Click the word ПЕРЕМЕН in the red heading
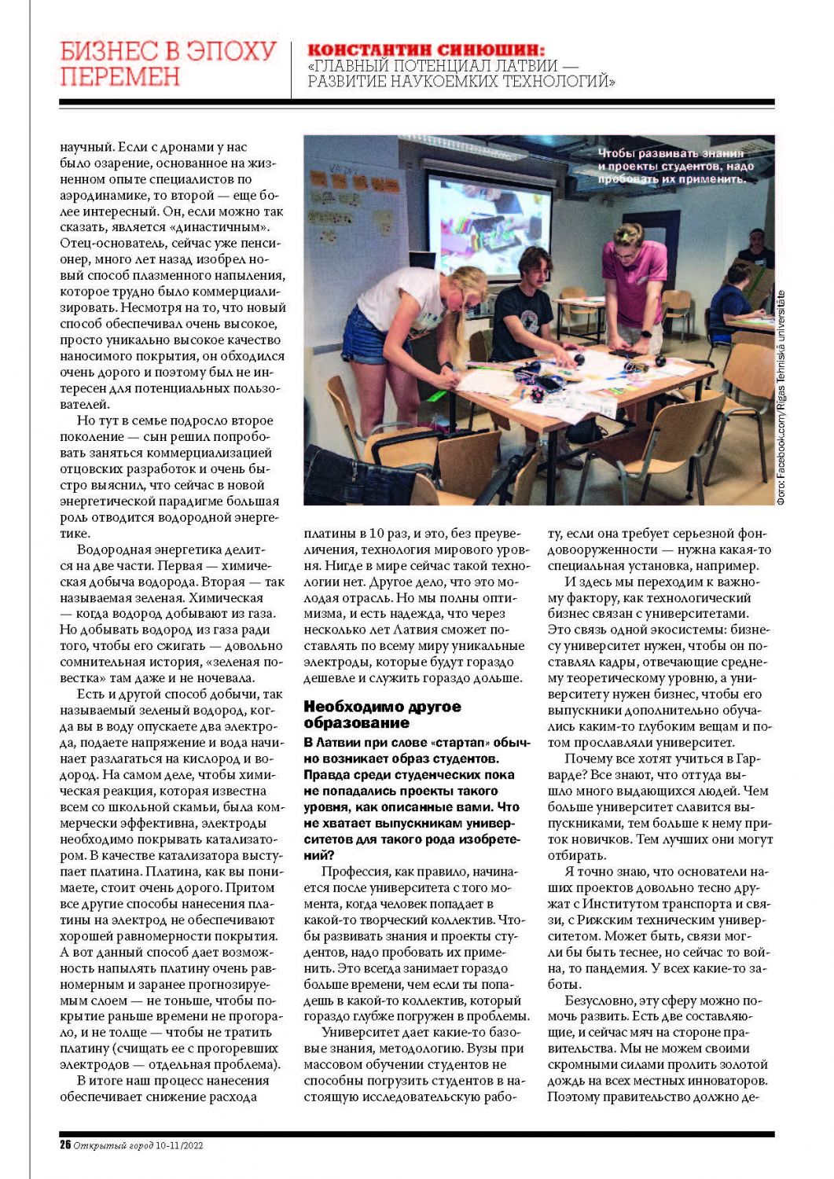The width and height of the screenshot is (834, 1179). click(x=119, y=77)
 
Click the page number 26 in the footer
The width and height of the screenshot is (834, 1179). click(x=65, y=1145)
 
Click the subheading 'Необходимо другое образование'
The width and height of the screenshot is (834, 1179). click(x=382, y=714)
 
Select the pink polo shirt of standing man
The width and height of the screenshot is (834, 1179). click(x=635, y=284)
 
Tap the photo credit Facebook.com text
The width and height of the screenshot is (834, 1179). click(x=781, y=456)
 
